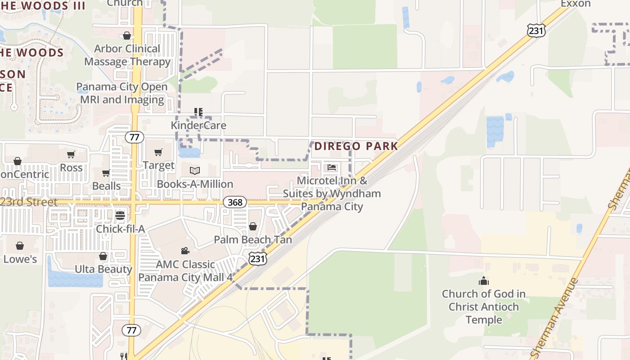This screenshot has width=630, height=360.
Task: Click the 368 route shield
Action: [235, 202]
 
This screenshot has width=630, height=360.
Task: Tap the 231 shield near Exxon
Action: [536, 30]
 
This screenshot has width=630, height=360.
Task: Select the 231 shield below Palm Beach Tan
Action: [257, 258]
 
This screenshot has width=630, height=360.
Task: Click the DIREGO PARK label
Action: [356, 146]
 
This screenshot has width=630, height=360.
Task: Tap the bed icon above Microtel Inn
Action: [332, 167]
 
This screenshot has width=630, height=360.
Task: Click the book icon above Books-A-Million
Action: [194, 171]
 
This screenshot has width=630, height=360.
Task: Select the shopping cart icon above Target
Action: [158, 153]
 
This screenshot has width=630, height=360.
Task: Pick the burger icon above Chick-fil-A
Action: [120, 215]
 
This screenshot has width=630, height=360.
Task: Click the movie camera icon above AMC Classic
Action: [185, 251]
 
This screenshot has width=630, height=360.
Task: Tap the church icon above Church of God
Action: [484, 281]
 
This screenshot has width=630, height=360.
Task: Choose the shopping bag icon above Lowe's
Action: [19, 246]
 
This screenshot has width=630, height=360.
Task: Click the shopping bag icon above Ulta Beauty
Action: [103, 256]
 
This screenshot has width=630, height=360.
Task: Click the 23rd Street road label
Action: [29, 202]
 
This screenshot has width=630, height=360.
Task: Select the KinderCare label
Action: [198, 125]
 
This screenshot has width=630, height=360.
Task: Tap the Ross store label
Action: [71, 168]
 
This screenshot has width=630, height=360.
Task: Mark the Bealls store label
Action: [106, 186]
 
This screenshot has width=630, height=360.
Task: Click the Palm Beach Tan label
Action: [252, 239]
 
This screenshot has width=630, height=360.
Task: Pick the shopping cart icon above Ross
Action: [71, 155]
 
